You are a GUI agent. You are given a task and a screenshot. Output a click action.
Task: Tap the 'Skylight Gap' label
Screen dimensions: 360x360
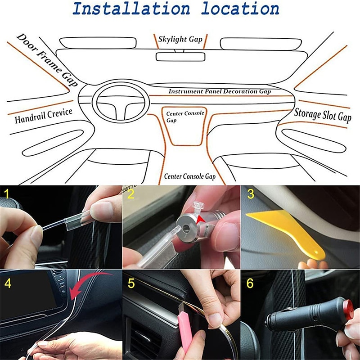(x=180, y=40)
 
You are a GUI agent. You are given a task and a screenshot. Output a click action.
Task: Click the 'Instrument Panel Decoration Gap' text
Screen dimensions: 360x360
(x=220, y=91)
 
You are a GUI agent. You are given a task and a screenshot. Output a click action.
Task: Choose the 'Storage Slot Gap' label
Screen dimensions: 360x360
(x=322, y=115)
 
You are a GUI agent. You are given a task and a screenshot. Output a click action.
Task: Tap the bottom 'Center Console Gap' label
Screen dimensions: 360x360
(x=189, y=176)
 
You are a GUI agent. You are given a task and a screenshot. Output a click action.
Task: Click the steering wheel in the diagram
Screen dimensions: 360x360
(x=121, y=103)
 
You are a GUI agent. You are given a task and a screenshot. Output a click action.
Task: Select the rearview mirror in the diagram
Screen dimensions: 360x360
(x=180, y=57)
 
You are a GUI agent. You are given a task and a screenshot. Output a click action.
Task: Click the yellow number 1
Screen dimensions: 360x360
(x=7, y=194)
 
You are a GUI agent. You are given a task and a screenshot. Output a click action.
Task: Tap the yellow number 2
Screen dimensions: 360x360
(x=130, y=194)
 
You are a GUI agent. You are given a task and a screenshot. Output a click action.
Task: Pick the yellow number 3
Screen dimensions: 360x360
(x=250, y=194)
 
